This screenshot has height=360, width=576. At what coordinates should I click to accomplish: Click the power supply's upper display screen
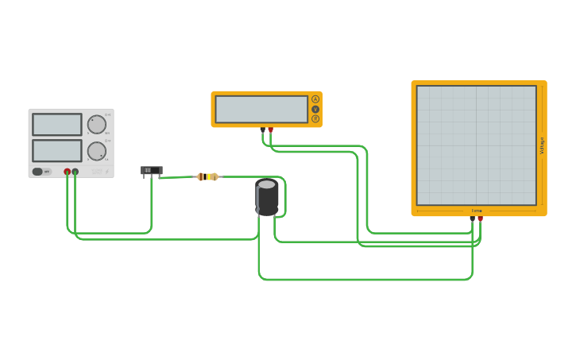[x=56, y=124]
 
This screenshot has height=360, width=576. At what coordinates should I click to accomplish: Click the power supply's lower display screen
[x=56, y=150]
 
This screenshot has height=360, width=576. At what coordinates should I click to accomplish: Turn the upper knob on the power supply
[x=97, y=124]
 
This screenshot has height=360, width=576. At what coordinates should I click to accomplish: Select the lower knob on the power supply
[x=97, y=151]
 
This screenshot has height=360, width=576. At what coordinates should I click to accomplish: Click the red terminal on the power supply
[x=67, y=172]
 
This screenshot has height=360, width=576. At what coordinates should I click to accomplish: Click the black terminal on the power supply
[x=75, y=172]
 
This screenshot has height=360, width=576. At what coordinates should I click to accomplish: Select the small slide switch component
[x=151, y=170]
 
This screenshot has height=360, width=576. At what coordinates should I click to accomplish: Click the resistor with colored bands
[x=207, y=176]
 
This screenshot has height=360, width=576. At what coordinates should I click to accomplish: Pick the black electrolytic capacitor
[x=267, y=197]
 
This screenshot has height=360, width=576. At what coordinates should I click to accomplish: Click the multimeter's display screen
[x=261, y=109]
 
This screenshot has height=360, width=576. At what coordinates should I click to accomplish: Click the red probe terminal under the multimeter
[x=271, y=130]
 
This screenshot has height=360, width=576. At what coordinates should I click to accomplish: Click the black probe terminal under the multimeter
[x=262, y=130]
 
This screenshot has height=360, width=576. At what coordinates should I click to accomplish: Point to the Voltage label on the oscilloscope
[x=542, y=145]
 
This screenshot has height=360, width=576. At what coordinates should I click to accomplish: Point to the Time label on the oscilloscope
[x=477, y=211]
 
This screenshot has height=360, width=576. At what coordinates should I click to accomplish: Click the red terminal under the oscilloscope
[x=480, y=219]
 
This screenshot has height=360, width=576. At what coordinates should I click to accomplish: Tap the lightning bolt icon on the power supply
[x=107, y=171]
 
